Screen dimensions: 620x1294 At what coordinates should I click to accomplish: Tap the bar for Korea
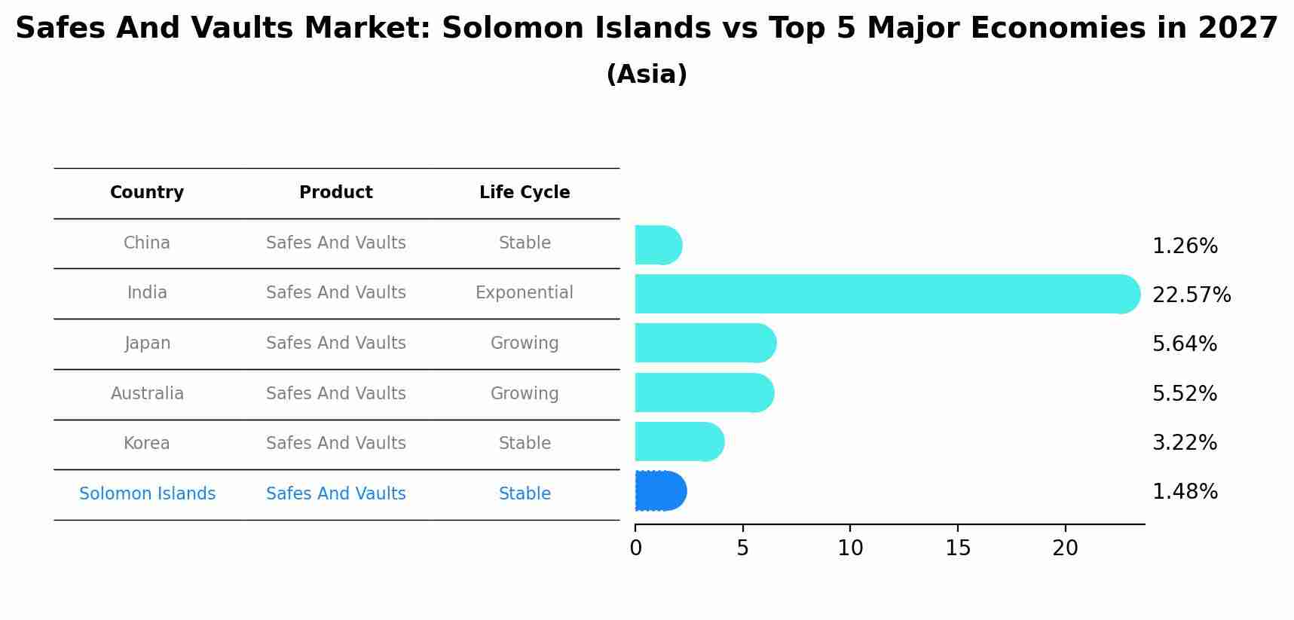[679, 441]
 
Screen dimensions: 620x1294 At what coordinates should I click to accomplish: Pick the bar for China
[658, 245]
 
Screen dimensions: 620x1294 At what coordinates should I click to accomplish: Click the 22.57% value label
[1191, 295]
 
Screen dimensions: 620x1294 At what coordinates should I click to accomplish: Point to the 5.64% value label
[1184, 344]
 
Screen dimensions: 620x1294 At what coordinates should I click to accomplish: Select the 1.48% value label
[1184, 492]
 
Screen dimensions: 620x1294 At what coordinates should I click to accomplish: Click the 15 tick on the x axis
[958, 548]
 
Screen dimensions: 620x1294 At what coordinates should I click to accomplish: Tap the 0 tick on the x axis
[635, 548]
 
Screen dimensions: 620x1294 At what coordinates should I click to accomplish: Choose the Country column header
[147, 193]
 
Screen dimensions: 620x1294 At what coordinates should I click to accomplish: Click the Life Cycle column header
[525, 193]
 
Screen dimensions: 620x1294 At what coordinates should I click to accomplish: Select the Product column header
[335, 193]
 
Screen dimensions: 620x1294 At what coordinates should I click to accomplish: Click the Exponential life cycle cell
[524, 293]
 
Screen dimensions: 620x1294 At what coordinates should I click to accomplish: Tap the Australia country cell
[147, 394]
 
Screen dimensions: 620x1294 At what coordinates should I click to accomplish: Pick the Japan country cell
[147, 344]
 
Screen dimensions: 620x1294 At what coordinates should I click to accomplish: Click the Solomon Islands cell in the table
[147, 494]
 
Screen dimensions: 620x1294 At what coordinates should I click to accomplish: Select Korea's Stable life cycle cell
[525, 444]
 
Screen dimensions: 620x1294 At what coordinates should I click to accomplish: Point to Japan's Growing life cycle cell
[525, 344]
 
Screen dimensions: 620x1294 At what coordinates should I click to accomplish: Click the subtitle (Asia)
[646, 75]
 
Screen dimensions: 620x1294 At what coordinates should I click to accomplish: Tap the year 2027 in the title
[1237, 29]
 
